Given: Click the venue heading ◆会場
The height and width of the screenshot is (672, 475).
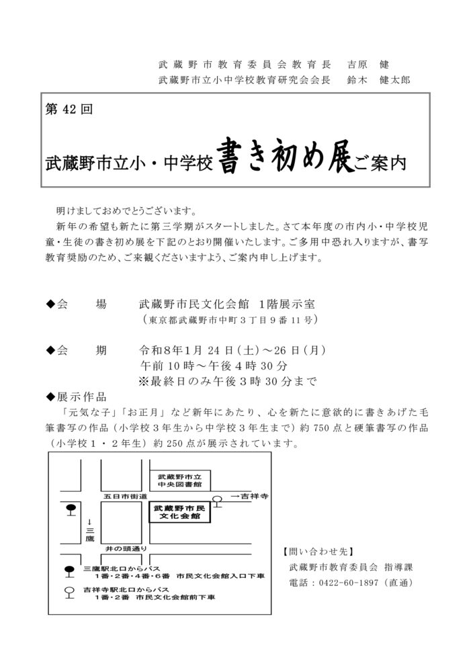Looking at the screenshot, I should [x=76, y=304].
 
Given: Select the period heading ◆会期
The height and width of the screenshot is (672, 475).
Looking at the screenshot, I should [x=76, y=350].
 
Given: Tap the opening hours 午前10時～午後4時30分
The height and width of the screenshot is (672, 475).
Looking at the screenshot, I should [x=214, y=366].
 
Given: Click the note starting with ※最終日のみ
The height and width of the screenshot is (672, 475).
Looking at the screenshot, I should [x=227, y=382].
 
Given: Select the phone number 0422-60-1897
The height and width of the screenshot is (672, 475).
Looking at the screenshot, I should [x=348, y=583].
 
